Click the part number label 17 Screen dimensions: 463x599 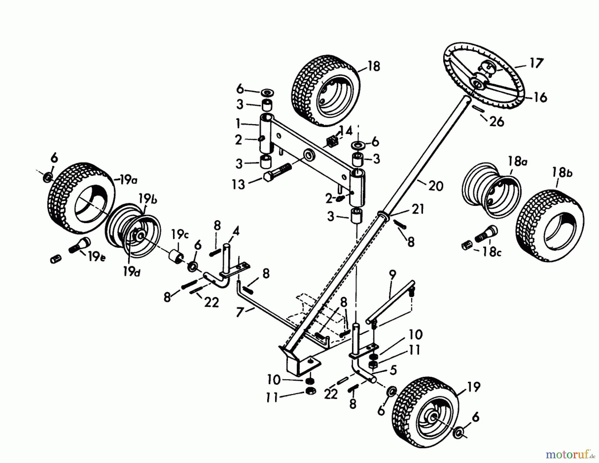coord(536,63)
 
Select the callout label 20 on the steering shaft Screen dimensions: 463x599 coord(436,186)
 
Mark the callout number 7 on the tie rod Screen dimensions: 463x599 coord(239,312)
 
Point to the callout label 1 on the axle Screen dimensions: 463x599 coord(238,124)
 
